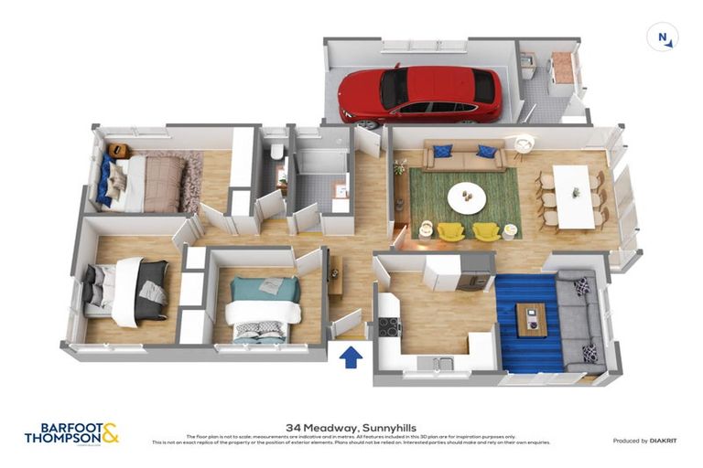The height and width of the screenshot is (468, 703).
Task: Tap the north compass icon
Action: tap(663, 37)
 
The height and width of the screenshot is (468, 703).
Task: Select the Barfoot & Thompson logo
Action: tap(71, 432)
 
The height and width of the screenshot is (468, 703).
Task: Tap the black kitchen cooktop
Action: tap(388, 324)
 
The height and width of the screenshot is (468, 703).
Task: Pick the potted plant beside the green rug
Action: tap(399, 167)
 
